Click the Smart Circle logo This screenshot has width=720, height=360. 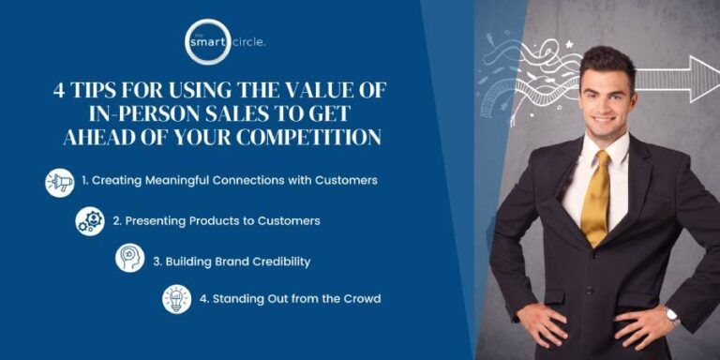coord(207,42)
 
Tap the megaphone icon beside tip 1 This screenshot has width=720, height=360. coord(60,182)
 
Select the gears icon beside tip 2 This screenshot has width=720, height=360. coord(90,221)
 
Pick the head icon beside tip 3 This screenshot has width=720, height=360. coord(129,259)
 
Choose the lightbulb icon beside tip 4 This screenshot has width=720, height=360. coord(176,299)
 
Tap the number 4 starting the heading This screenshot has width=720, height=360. coord(60,90)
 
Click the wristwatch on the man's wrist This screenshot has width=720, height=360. coord(671,315)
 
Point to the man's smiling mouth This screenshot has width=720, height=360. coord(604,120)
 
